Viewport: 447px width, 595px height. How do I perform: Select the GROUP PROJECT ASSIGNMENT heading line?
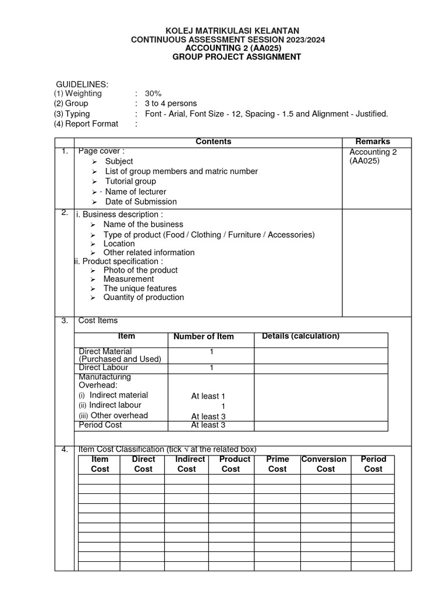coord(236,57)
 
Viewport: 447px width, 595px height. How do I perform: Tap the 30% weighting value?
coord(153,94)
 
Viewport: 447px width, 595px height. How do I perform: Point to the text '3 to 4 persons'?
coord(171,103)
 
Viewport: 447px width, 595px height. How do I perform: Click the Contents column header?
coord(213,142)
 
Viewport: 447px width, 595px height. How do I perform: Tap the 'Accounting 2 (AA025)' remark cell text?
coord(373,157)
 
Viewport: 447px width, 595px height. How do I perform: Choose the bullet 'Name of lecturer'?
coord(136,192)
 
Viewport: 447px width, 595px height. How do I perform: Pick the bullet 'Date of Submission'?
coord(141,202)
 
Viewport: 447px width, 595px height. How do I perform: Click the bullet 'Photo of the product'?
coord(140,270)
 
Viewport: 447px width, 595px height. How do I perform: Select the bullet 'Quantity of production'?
coord(143,297)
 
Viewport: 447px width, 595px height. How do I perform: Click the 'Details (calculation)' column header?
coord(300,336)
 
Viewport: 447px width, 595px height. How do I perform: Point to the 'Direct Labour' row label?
coord(103,368)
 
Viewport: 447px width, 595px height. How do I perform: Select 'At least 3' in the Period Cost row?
coord(208,425)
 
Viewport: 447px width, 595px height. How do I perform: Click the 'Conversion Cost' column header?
coord(324,464)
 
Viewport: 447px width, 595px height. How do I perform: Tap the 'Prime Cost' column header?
coord(277,464)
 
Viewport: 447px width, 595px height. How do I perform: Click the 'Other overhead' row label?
coord(119,415)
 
